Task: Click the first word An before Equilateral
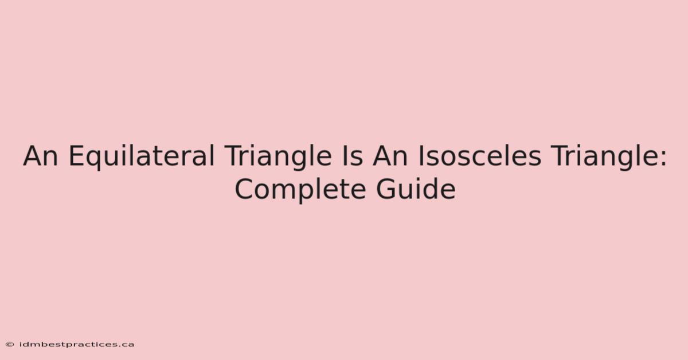[41, 156]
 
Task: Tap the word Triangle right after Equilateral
[278, 156]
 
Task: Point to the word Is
[353, 156]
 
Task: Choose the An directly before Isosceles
[390, 156]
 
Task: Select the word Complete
[300, 190]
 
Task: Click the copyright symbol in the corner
[10, 345]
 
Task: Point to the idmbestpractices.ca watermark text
[76, 345]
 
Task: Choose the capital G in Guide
[386, 189]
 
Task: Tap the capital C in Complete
[244, 189]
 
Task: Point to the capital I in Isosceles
[420, 156]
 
